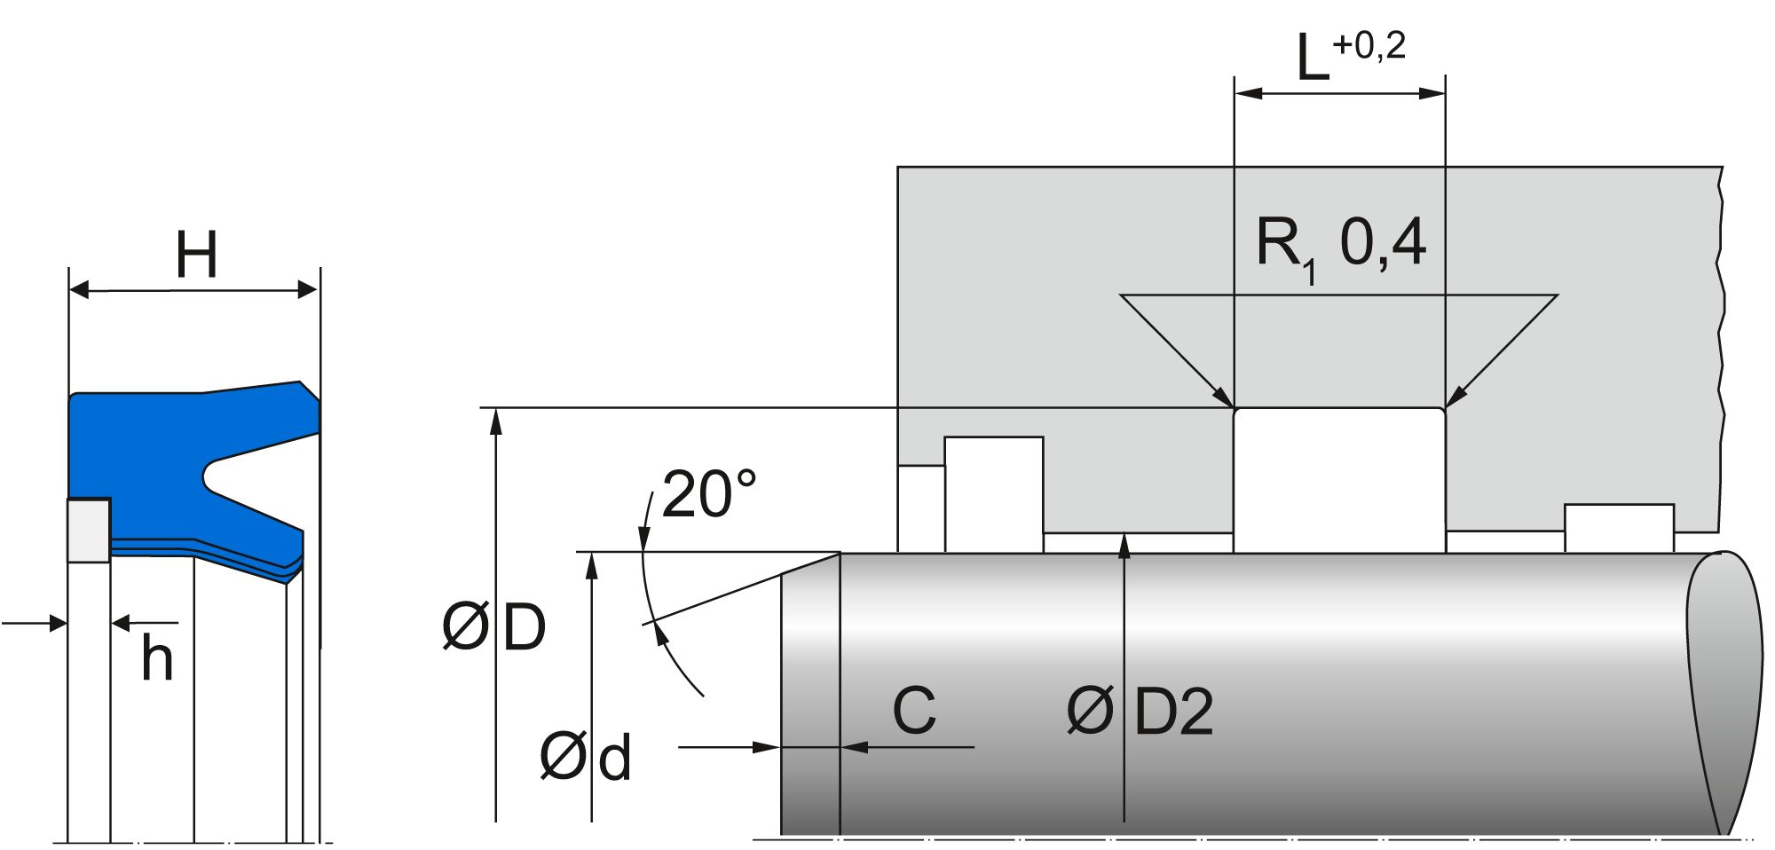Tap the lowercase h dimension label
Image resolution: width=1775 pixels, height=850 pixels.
pos(157,660)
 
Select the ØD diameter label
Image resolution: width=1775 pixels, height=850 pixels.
pos(494,628)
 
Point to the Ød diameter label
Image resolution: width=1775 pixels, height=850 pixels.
pos(586,758)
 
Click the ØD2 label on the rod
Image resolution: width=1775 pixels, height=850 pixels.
pos(1140,712)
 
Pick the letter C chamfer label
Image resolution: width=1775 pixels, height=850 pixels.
pos(914,710)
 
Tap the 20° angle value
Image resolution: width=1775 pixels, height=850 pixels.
pos(708,494)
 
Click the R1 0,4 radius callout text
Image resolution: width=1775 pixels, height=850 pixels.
pos(1340,244)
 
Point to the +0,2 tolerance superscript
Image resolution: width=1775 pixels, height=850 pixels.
pos(1369,45)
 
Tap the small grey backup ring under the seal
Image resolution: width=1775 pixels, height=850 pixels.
pos(89,530)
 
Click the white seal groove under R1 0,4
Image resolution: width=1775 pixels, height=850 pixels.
pos(1339,479)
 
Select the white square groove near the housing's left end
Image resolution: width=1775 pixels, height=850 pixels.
pos(993,493)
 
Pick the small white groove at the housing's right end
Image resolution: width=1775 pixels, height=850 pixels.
pos(1619,528)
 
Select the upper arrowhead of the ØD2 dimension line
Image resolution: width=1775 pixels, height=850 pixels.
pos(1124,544)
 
